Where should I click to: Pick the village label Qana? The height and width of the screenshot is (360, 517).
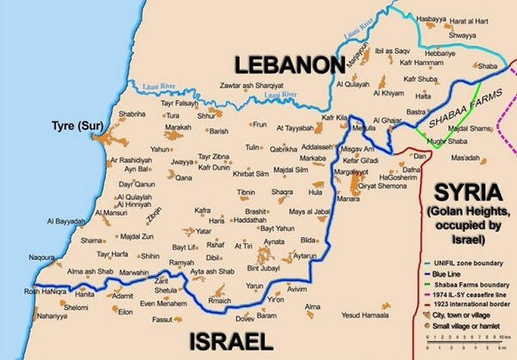tap(184, 177)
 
